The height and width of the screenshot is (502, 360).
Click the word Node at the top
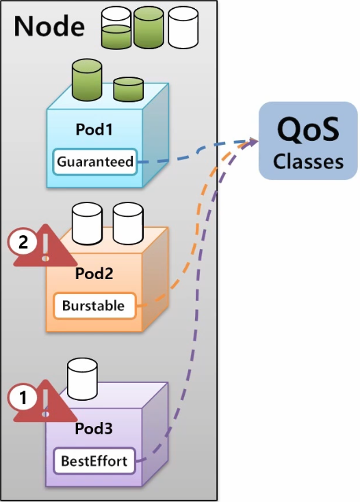[x=49, y=26]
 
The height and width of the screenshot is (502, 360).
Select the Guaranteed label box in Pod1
[x=95, y=161]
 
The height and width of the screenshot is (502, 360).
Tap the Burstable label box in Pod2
[x=94, y=306]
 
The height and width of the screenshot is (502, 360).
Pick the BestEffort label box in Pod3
[x=94, y=461]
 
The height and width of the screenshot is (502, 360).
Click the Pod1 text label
[x=94, y=129]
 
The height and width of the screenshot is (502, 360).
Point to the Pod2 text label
[x=94, y=274]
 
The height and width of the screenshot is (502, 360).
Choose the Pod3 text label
[x=94, y=428]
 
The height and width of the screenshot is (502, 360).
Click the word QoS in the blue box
[x=308, y=130]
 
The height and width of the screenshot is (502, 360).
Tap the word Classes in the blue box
[x=308, y=161]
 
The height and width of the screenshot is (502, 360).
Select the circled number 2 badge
[x=23, y=242]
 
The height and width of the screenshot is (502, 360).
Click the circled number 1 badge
[x=23, y=398]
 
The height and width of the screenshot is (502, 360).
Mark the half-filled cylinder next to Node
[x=116, y=28]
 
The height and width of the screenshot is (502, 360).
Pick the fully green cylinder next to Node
[x=149, y=27]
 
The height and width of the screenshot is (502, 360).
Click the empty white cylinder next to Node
[x=183, y=27]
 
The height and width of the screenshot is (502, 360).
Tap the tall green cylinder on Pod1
[x=87, y=80]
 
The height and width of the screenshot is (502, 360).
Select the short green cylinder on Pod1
[x=128, y=90]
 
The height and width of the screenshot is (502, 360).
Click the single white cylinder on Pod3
[x=82, y=380]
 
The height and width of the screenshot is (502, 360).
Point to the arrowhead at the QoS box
[x=253, y=142]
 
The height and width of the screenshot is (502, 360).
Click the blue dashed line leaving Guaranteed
[x=198, y=150]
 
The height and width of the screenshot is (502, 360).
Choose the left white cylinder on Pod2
[x=87, y=224]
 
